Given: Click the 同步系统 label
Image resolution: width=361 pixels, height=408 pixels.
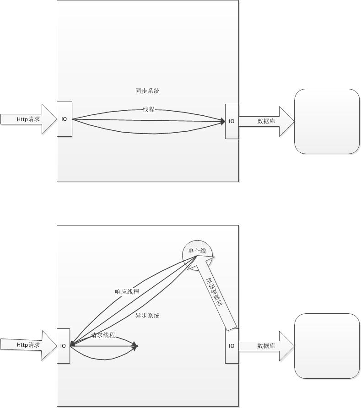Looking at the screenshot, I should click(x=147, y=91).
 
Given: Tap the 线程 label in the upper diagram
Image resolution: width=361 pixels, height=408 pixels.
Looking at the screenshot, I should click(x=148, y=109).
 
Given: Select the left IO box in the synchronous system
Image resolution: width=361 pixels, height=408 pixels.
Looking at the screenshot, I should click(x=65, y=119).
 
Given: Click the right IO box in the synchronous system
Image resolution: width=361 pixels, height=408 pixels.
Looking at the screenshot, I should click(x=232, y=121).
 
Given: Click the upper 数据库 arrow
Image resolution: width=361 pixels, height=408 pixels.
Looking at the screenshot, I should click(x=266, y=121).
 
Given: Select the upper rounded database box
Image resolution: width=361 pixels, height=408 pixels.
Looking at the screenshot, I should click(x=327, y=121).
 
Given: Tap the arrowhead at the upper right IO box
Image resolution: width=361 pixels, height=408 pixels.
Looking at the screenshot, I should click(x=223, y=121).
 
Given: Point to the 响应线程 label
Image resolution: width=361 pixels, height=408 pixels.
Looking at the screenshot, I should click(x=127, y=291).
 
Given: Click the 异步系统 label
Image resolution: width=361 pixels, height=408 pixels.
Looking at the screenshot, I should click(x=147, y=316).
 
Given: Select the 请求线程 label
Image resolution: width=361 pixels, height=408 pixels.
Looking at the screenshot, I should click(x=103, y=335).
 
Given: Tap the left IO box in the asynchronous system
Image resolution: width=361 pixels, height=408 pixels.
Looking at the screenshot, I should click(x=63, y=346).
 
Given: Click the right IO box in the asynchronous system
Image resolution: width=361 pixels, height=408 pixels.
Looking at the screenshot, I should click(x=232, y=346).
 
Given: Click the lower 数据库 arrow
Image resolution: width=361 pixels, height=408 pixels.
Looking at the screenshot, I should click(x=266, y=346).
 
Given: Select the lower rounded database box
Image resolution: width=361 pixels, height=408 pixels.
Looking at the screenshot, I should click(x=327, y=346).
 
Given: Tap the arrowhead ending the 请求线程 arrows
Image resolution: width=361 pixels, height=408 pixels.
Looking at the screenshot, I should click(x=135, y=346).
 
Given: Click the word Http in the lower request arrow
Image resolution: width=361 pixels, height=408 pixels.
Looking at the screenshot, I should click(x=22, y=345).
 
